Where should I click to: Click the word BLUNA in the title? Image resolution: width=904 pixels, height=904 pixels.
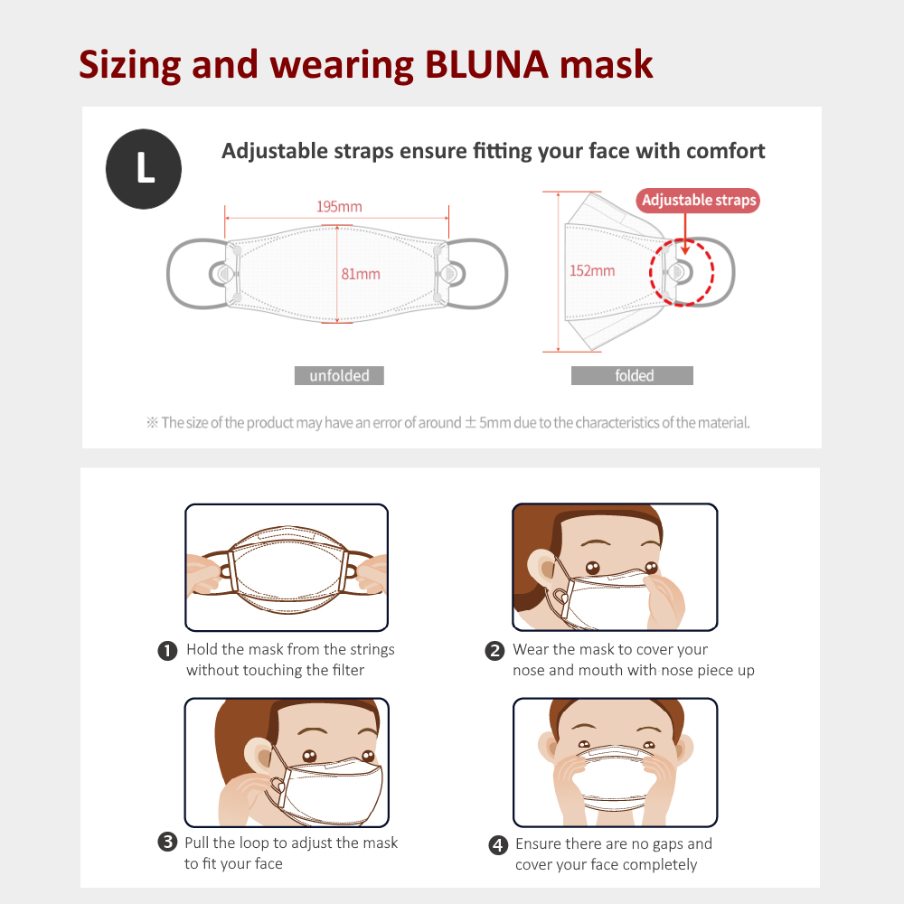tap(486, 64)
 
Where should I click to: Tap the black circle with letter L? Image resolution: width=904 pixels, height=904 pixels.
tap(144, 169)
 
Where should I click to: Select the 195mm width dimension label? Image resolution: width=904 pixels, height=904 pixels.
tap(339, 206)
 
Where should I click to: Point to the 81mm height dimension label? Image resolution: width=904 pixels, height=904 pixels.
tap(361, 274)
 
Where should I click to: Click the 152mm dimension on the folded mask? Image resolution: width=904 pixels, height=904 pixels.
tap(592, 270)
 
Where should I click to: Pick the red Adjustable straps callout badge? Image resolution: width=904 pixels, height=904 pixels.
tap(698, 200)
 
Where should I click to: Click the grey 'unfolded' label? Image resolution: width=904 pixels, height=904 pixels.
tap(339, 375)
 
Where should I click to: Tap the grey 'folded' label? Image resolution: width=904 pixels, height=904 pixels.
tap(633, 375)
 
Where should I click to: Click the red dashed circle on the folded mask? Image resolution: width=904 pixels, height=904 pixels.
tap(650, 272)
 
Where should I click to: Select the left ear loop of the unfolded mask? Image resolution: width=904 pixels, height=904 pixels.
tap(168, 274)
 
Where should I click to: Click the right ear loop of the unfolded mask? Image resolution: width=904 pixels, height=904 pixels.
tap(506, 274)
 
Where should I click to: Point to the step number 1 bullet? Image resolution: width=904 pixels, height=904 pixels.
tap(167, 651)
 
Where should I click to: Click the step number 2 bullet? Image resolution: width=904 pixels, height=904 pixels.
tap(494, 651)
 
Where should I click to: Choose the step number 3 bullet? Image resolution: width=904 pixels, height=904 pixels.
tap(167, 842)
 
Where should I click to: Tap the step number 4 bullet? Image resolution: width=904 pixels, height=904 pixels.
tap(498, 845)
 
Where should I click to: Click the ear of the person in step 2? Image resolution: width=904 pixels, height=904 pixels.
tap(541, 568)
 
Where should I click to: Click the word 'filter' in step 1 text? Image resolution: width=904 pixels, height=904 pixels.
tap(348, 670)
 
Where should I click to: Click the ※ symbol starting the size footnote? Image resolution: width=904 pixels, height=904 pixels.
tap(152, 422)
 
